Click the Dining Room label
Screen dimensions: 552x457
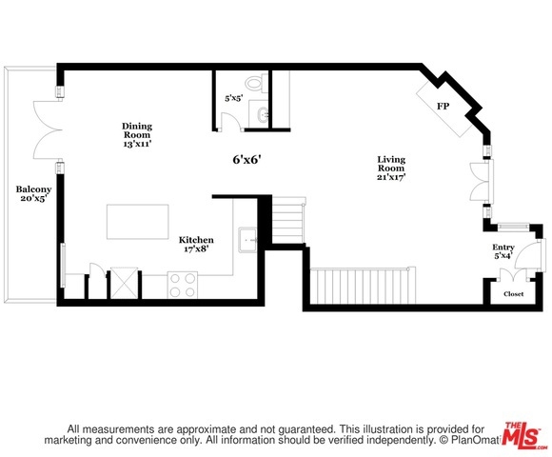(137, 134)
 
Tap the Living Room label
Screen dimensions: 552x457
(391, 168)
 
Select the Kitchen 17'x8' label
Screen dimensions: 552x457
(196, 245)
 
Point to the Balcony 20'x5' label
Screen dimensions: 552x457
(33, 193)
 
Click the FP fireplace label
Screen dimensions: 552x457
(444, 106)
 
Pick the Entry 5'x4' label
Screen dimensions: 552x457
(503, 251)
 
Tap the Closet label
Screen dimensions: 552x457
(514, 293)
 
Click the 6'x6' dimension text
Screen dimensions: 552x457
(246, 160)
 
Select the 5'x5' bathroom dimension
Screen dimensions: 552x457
(234, 98)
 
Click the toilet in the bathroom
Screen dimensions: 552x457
(256, 83)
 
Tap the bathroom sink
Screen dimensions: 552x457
(263, 113)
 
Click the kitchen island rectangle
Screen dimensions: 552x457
(138, 222)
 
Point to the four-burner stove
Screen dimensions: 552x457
(183, 285)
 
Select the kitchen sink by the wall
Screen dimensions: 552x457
(248, 240)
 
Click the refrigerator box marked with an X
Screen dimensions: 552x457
(125, 284)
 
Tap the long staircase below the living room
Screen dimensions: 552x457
(363, 286)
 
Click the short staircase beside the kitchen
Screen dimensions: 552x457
(288, 220)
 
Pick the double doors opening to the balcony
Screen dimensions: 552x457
(49, 129)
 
